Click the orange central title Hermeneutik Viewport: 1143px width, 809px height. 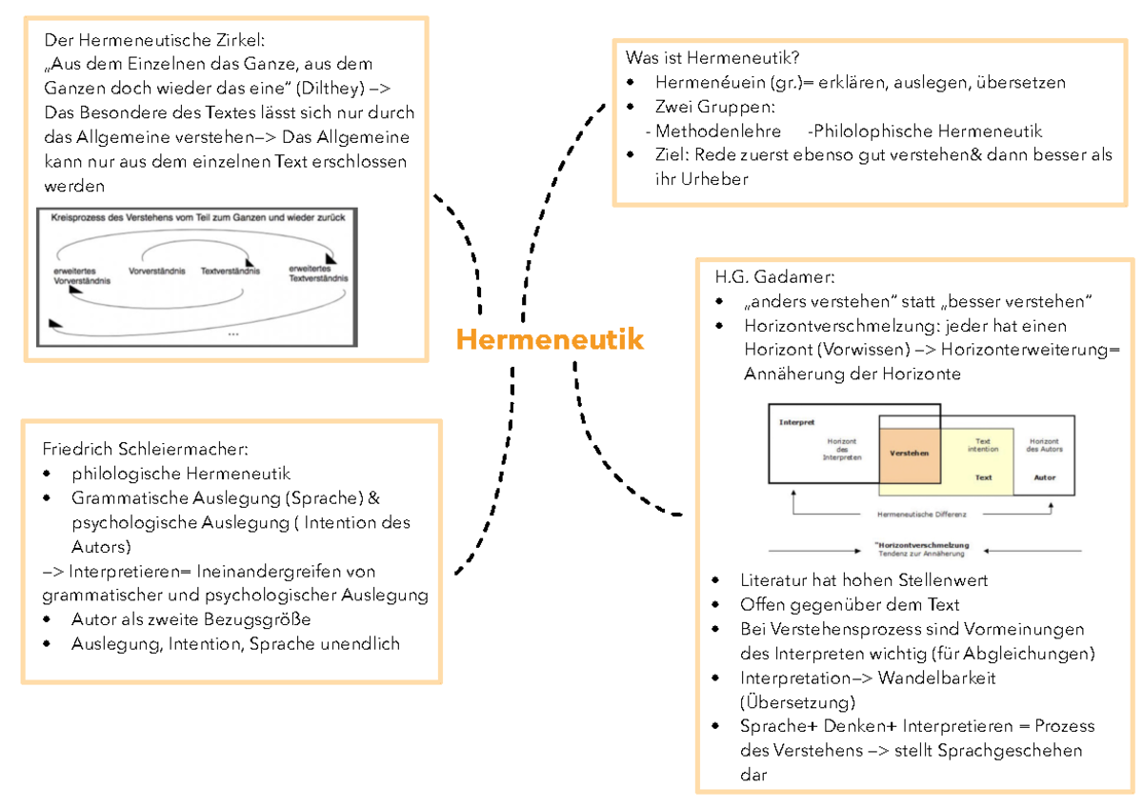(x=549, y=340)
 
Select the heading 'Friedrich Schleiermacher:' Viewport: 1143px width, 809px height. (x=146, y=449)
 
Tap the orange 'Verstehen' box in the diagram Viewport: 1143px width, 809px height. (x=910, y=454)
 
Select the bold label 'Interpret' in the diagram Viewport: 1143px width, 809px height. (x=797, y=421)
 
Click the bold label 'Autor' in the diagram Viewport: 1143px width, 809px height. (x=1044, y=477)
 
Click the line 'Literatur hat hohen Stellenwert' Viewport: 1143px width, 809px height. (x=864, y=579)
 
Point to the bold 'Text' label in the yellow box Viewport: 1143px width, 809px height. (x=984, y=477)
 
